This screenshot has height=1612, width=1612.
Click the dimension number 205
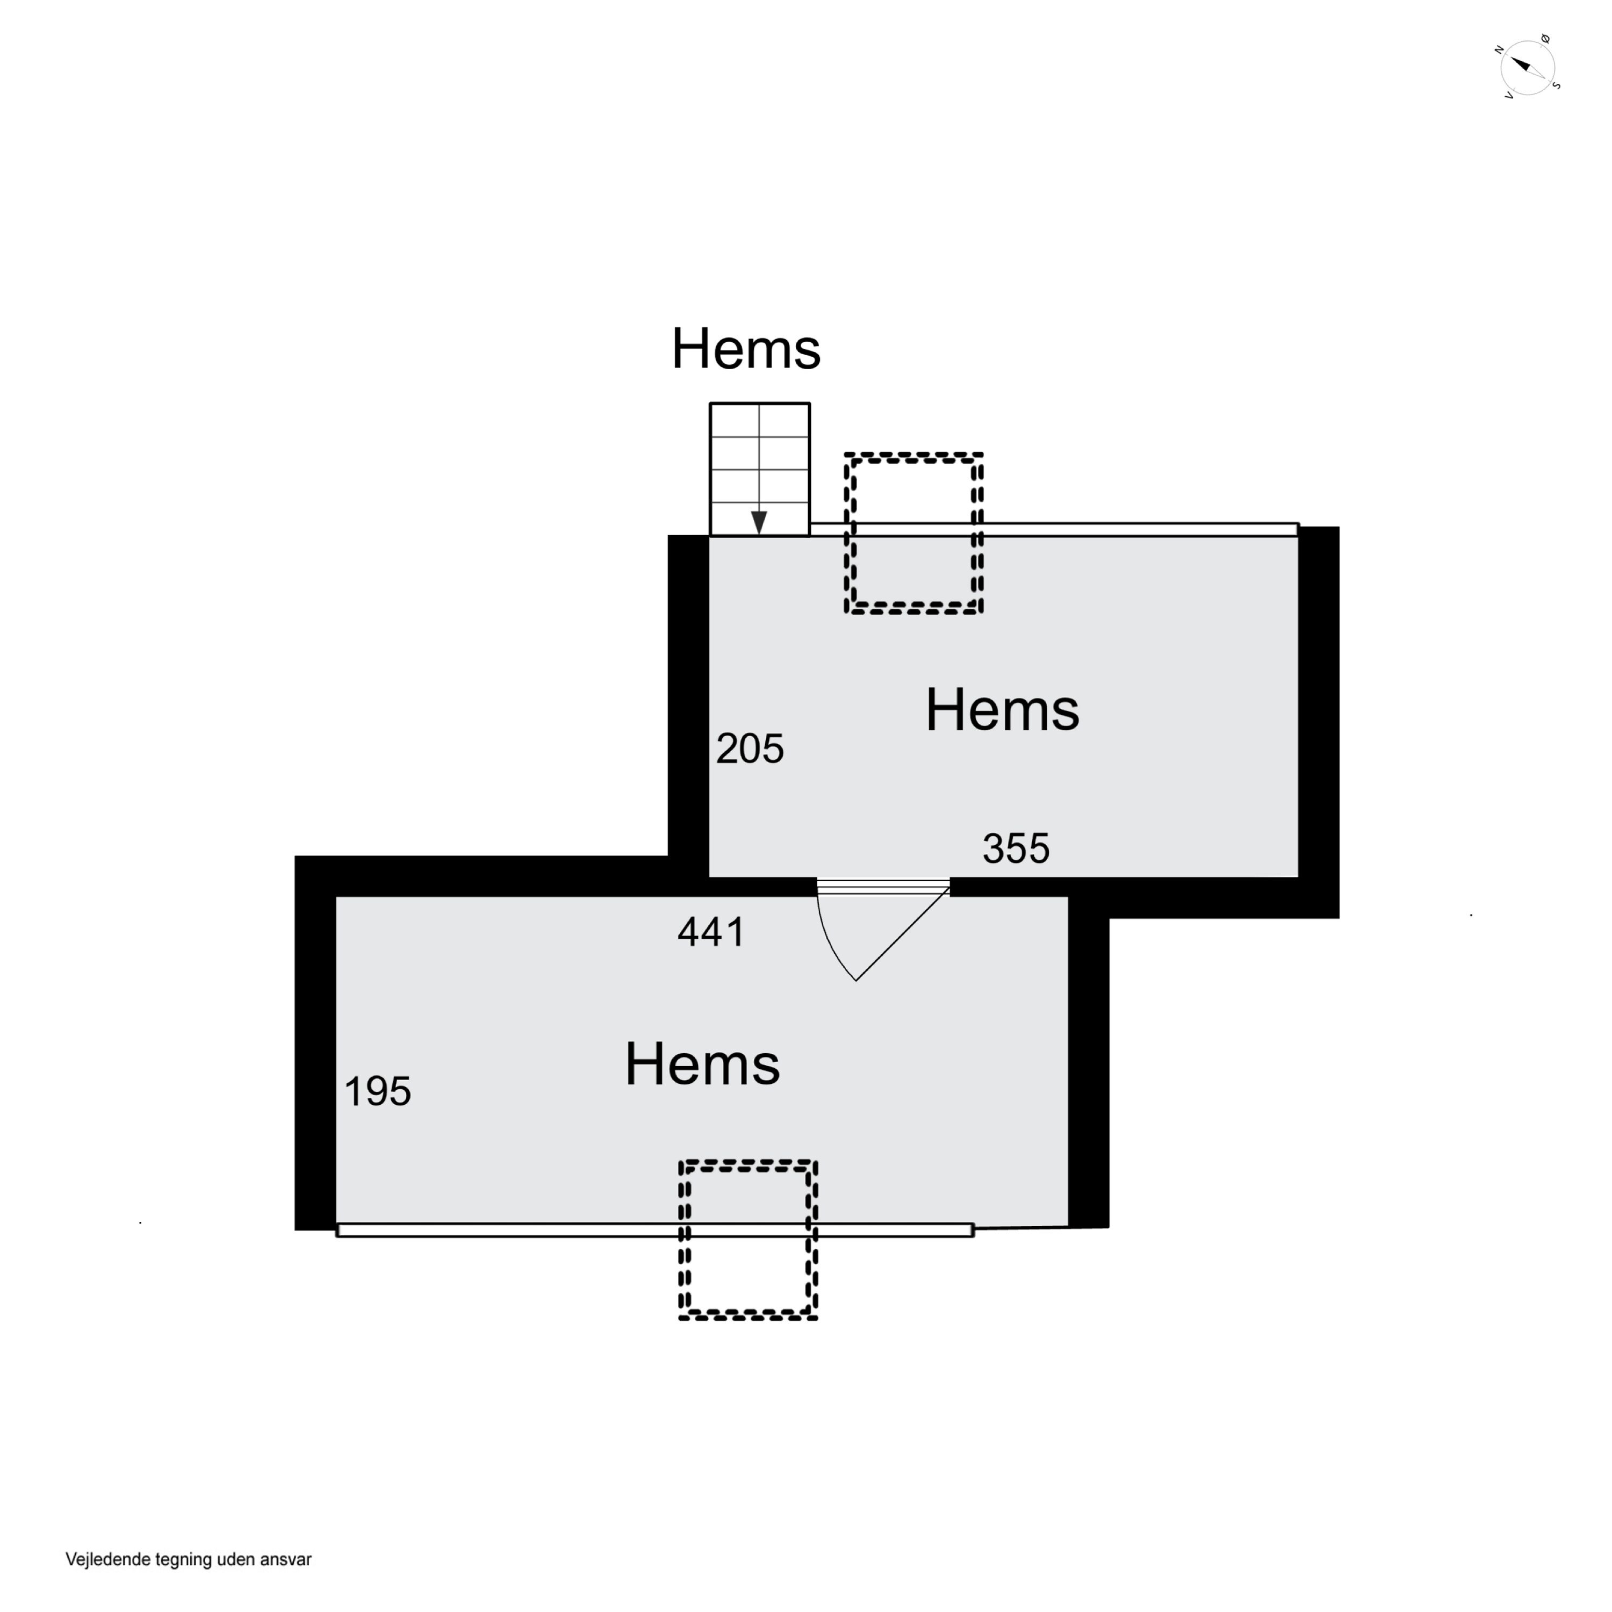click(749, 749)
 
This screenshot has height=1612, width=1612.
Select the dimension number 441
click(711, 932)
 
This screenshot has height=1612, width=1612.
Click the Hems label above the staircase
click(746, 348)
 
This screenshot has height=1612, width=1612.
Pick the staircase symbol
click(759, 469)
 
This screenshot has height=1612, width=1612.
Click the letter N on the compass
click(1499, 50)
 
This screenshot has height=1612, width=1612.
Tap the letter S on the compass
click(1556, 85)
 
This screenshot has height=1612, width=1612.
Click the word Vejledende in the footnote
click(109, 1559)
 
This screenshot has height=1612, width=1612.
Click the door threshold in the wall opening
click(883, 886)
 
